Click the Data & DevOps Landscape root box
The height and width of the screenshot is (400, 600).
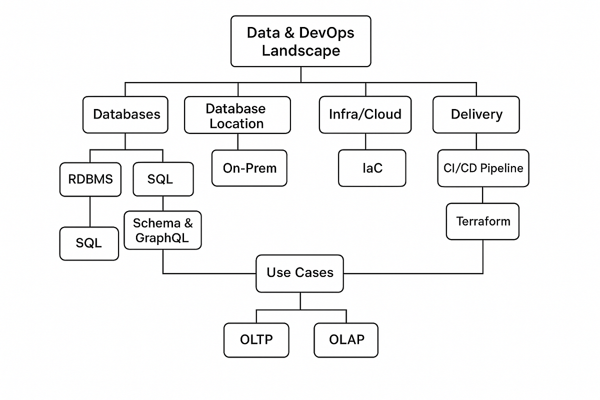click(300, 41)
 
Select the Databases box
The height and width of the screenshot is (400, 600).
click(125, 114)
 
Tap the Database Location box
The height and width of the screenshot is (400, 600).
click(237, 115)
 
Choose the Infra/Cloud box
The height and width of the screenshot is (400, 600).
click(365, 114)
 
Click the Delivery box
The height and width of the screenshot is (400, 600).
click(476, 114)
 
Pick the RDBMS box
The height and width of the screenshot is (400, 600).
click(90, 179)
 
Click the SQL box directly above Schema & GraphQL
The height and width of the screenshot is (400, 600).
click(163, 179)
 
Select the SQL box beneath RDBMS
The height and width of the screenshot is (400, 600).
click(89, 243)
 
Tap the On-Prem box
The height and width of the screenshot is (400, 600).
click(249, 168)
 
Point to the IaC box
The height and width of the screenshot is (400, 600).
click(372, 168)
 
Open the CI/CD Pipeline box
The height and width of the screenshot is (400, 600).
click(483, 168)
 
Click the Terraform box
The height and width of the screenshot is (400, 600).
click(482, 221)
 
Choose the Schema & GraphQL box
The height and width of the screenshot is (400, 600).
click(162, 230)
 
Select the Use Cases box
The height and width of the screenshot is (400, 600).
click(299, 273)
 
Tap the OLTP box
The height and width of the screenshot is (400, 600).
click(256, 340)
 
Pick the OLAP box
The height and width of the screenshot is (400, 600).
click(346, 340)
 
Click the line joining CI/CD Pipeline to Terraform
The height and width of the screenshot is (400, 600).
click(482, 195)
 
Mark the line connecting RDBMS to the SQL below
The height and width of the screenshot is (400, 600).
click(90, 211)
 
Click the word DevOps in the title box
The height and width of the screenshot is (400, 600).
click(327, 33)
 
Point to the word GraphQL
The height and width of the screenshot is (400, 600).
click(162, 238)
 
